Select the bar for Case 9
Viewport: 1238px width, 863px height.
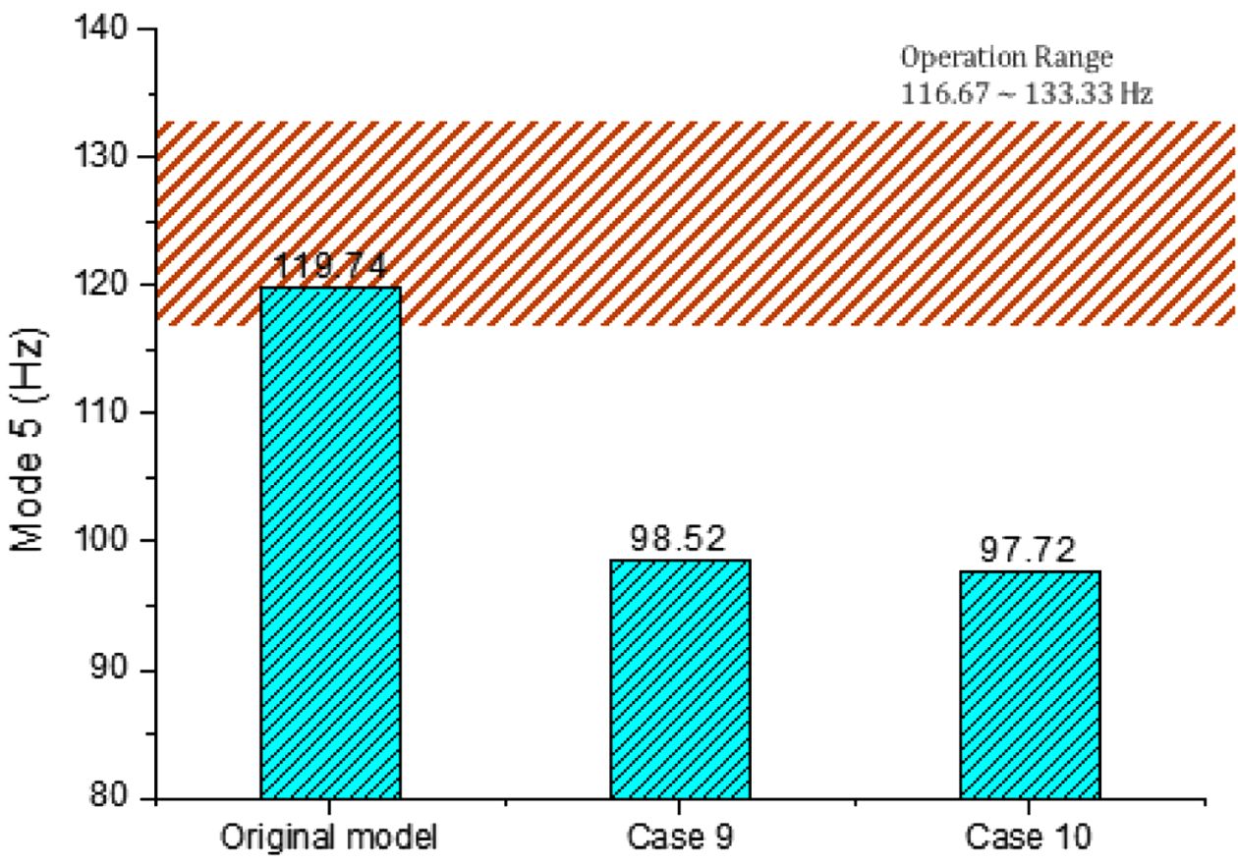[x=680, y=678]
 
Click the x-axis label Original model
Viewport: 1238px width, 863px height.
[x=330, y=836]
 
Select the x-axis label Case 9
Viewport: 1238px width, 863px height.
[x=680, y=836]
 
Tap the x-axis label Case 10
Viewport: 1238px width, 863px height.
[x=1029, y=836]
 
